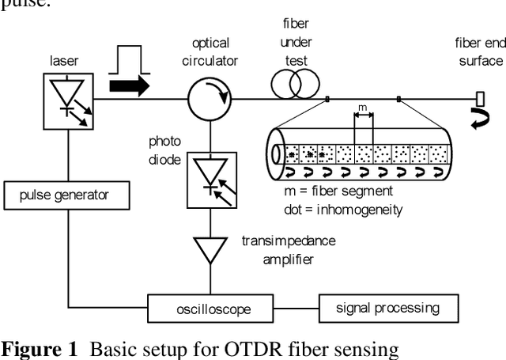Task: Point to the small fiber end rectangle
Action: pos(480,99)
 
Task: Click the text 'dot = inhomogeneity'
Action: pos(342,210)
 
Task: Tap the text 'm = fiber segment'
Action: pos(338,191)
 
